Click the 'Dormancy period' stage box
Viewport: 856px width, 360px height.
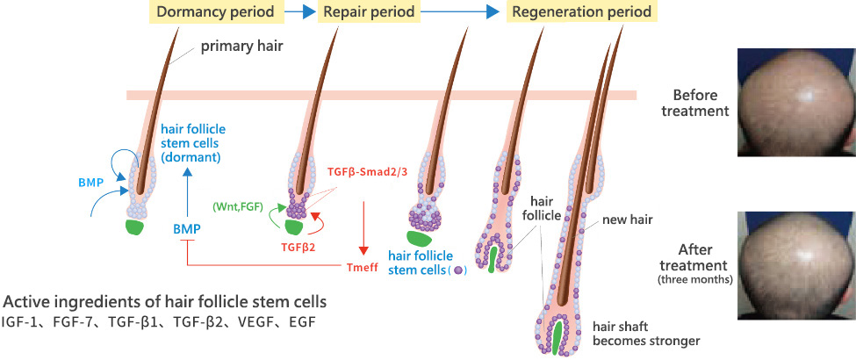tap(214, 12)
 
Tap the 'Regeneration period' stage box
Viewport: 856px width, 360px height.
tap(581, 12)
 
